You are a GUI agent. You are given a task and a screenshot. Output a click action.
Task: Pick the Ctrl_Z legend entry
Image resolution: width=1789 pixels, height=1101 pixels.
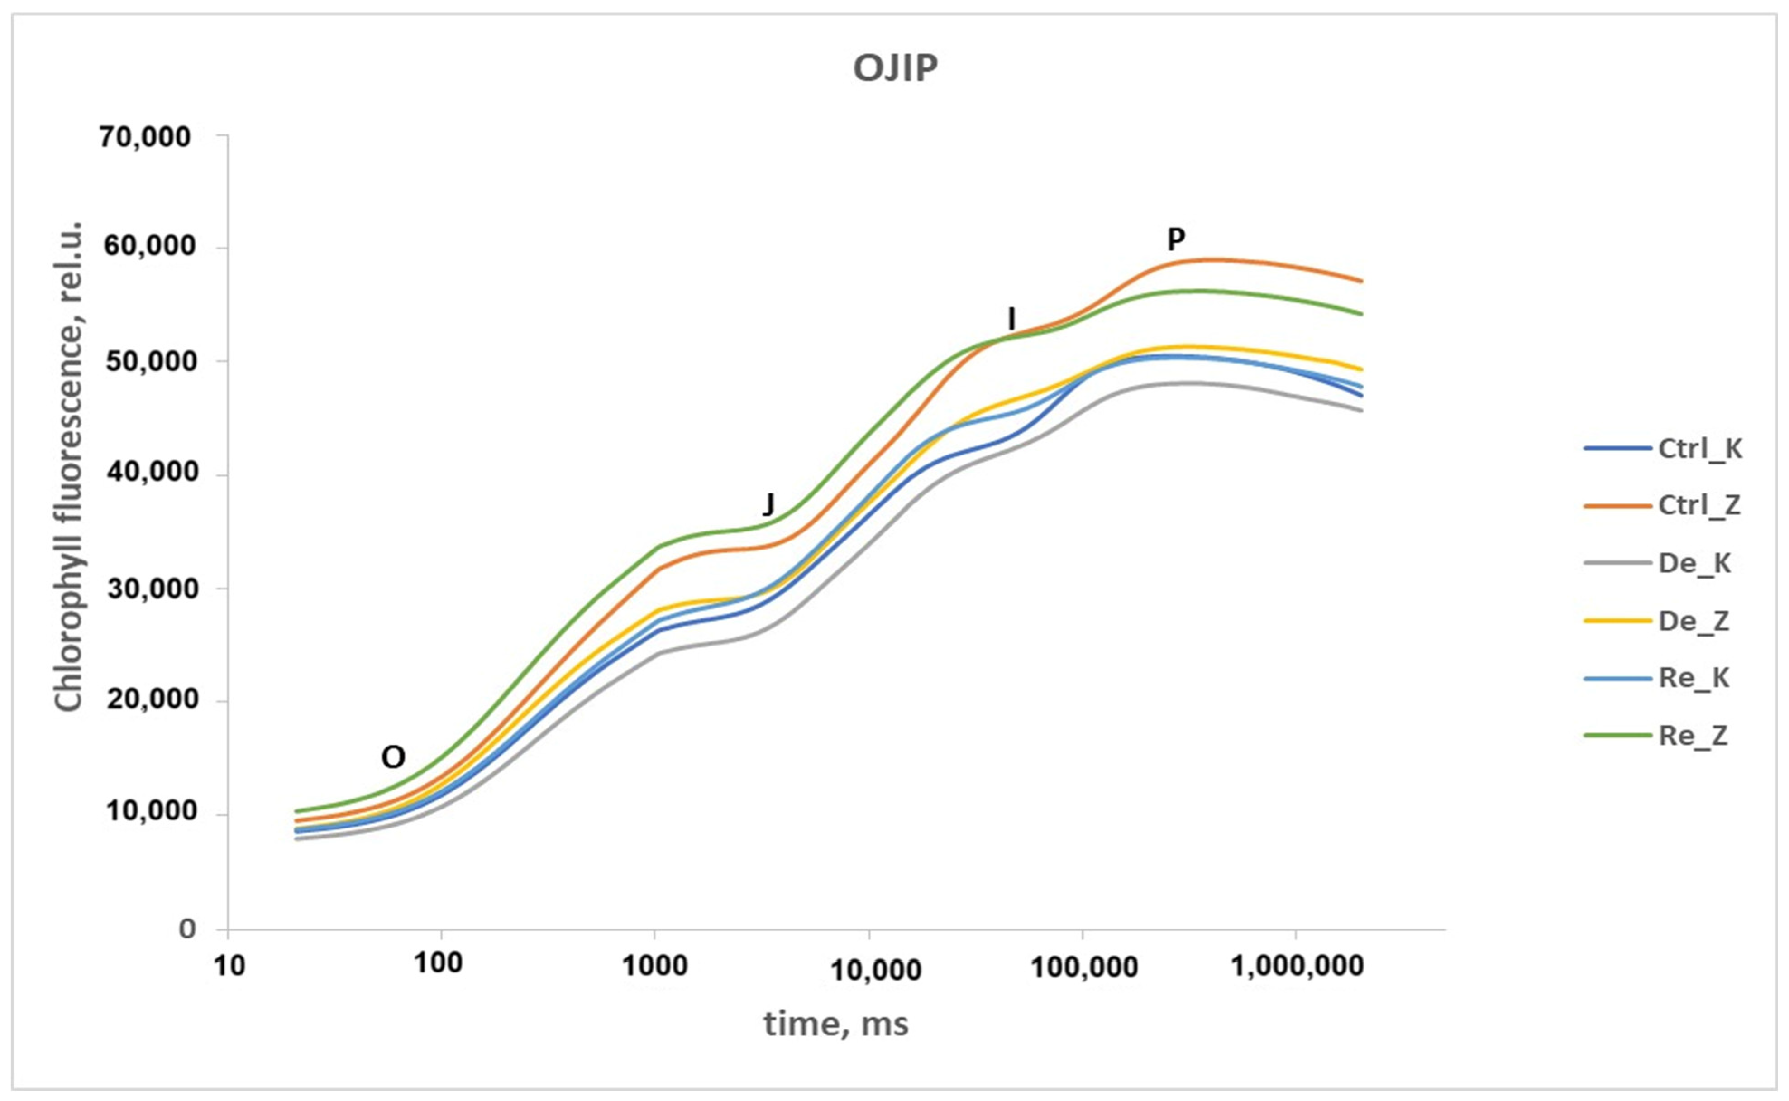click(1664, 505)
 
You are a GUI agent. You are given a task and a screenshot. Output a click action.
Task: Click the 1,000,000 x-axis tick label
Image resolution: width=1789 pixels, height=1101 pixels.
click(1297, 966)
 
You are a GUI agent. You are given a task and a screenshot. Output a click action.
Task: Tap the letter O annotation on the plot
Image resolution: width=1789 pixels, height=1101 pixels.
click(393, 758)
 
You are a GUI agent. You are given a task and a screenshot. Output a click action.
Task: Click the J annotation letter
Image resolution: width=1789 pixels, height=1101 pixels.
click(768, 503)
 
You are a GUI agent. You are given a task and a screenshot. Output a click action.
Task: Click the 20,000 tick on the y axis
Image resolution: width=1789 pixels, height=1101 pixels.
click(150, 699)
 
